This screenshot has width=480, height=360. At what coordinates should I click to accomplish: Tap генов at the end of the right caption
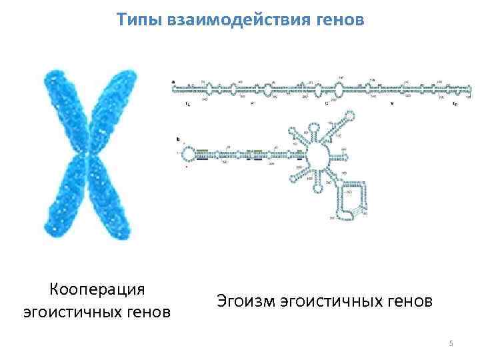click(408, 301)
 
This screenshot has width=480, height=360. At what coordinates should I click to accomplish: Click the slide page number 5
click(451, 343)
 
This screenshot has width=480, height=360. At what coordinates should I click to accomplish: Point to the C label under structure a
click(327, 104)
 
